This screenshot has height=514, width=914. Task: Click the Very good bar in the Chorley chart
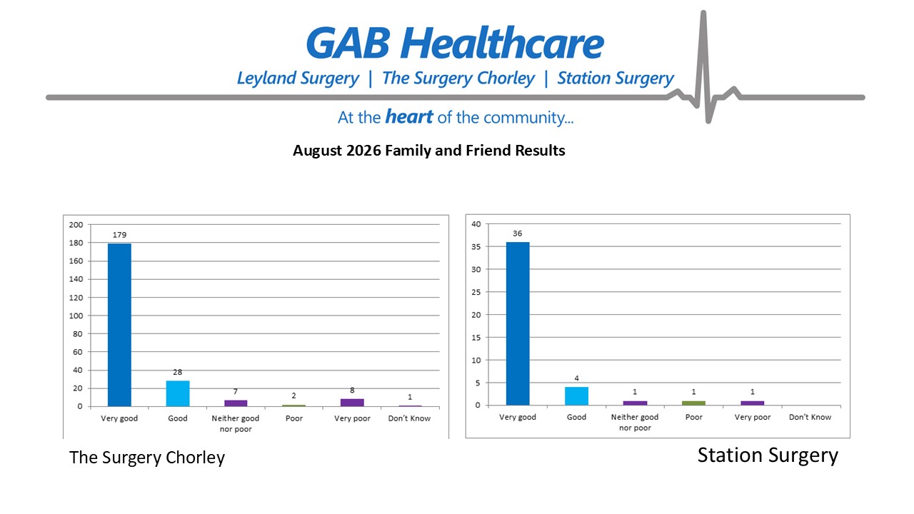pos(119,325)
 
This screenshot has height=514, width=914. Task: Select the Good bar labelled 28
pos(178,393)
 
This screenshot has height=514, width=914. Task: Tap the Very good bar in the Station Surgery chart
pos(518,323)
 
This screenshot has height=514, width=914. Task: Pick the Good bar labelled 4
pos(576,395)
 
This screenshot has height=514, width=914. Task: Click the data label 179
pos(119,235)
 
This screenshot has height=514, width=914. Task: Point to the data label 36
pos(518,233)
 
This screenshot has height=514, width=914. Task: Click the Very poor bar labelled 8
pos(352,403)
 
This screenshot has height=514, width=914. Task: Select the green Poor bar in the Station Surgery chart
pos(693,403)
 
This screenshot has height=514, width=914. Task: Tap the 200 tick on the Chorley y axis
pos(76,225)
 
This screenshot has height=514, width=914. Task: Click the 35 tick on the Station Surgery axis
pos(476,247)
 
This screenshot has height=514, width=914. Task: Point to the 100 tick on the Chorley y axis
pos(76,316)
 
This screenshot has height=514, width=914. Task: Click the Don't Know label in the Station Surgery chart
pos(810,418)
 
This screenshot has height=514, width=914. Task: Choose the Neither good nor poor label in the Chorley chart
pos(236,423)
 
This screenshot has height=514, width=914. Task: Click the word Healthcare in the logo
pos(502,43)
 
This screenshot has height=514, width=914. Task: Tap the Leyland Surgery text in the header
pos(298,79)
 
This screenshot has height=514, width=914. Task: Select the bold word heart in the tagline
pos(409,116)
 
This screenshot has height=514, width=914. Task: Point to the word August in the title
pos(316,151)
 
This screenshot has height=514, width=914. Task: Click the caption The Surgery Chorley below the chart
pos(147,458)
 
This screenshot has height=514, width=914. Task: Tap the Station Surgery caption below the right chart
pos(768,455)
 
